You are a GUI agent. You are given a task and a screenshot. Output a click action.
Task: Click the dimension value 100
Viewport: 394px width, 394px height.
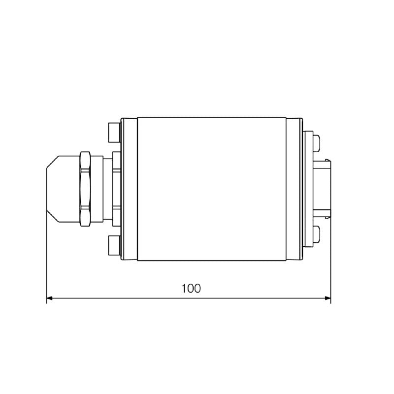click(191, 289)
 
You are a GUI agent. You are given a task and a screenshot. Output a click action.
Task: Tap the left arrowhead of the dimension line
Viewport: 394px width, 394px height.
click(50, 298)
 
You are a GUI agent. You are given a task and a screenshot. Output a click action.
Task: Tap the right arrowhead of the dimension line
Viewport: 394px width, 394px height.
click(327, 298)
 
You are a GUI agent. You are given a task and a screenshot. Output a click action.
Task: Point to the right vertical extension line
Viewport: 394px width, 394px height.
click(330, 256)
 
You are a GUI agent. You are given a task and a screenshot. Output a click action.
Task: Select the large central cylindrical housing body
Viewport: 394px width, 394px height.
click(212, 189)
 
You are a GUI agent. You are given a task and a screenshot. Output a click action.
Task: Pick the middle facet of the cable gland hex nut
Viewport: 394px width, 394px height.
click(85, 189)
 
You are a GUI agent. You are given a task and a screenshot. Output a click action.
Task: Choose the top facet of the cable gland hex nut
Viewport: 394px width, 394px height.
click(85, 161)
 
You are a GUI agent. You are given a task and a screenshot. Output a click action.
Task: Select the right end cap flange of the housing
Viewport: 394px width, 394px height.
click(294, 189)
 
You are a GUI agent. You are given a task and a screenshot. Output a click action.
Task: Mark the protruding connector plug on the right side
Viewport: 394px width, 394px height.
click(326, 189)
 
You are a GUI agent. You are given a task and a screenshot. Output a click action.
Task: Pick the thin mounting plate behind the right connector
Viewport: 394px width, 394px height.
click(308, 189)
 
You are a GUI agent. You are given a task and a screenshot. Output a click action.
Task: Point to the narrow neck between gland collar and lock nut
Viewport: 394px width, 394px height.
click(107, 189)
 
